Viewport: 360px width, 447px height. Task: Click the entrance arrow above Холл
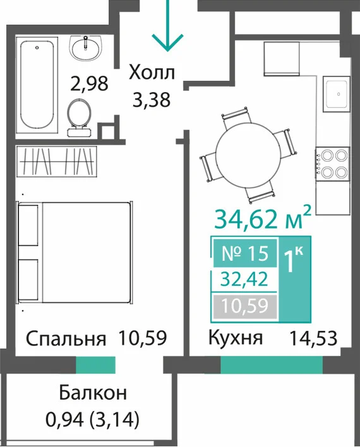point(167,26)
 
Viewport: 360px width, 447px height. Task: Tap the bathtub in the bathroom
point(37,85)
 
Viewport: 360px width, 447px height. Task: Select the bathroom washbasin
point(85,48)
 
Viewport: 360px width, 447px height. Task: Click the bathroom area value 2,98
point(89,83)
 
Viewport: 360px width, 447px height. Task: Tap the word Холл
point(152,73)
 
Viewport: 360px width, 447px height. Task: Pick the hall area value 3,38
point(152,100)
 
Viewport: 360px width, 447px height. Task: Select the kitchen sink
point(337,94)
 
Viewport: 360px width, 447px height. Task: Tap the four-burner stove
point(333,164)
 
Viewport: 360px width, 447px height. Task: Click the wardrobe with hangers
point(56,161)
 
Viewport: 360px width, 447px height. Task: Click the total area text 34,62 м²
point(262,218)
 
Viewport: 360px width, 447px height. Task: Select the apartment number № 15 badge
point(245,253)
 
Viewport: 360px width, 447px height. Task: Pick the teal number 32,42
point(245,279)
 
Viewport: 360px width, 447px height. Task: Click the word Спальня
point(66,338)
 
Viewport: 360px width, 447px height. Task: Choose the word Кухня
point(236,338)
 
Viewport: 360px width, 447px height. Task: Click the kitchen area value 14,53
point(313,338)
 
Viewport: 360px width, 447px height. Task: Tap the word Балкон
point(93,393)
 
